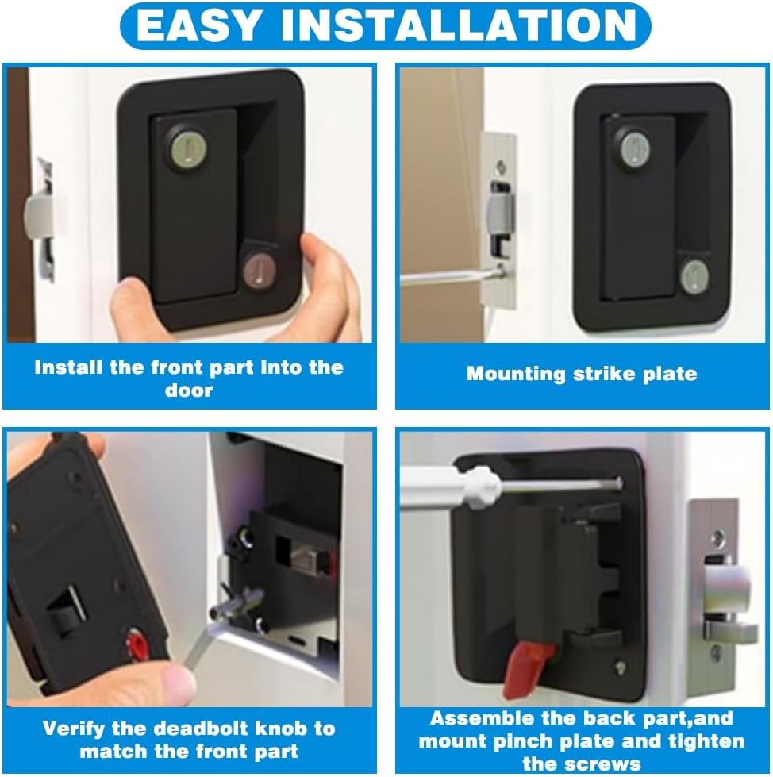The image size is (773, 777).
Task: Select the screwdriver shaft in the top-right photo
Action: click(x=444, y=276)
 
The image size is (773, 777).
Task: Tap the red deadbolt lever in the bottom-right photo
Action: click(x=523, y=665)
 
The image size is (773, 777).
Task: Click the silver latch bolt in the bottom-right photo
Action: click(x=726, y=587)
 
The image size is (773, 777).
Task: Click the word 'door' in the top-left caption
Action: click(x=189, y=390)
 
